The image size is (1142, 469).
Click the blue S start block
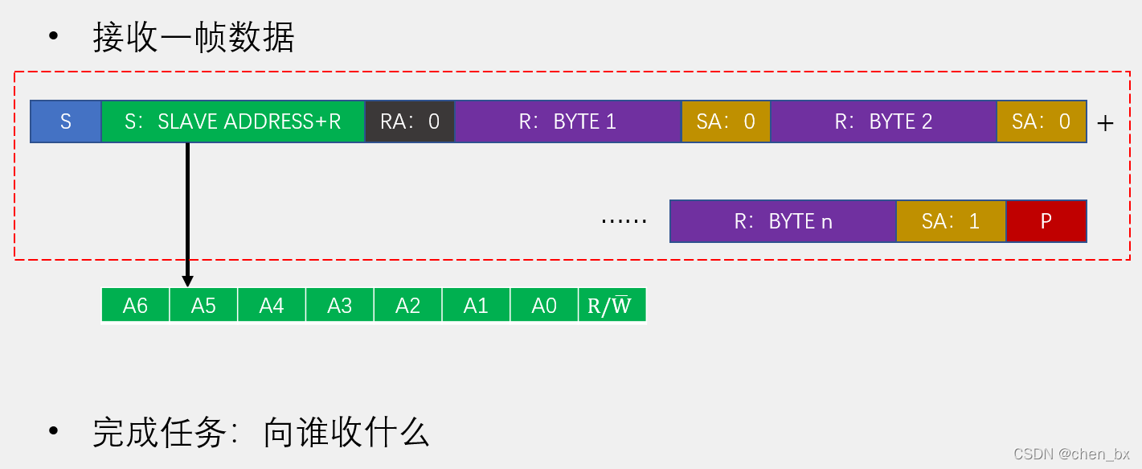tap(66, 121)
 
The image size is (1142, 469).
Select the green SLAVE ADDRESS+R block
tap(233, 121)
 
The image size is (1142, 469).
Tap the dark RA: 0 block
tap(410, 121)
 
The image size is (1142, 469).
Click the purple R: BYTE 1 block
tap(567, 121)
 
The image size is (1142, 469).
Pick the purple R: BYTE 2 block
tap(883, 121)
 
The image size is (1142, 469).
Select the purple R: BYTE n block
tap(783, 221)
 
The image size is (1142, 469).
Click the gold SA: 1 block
tap(951, 221)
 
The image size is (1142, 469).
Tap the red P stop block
tap(1046, 221)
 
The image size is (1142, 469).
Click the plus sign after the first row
tap(1106, 123)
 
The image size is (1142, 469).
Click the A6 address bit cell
tap(135, 306)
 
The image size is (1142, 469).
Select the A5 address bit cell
tap(203, 306)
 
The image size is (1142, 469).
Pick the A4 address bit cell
tap(272, 306)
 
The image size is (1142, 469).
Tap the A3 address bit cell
tap(339, 306)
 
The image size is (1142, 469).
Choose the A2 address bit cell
tap(407, 306)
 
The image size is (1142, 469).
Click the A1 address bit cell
tap(476, 306)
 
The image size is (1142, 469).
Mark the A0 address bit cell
tap(544, 306)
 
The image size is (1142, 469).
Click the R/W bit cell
tap(612, 306)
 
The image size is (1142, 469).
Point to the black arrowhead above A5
tap(187, 281)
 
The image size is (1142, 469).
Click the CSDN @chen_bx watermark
tap(1070, 454)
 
